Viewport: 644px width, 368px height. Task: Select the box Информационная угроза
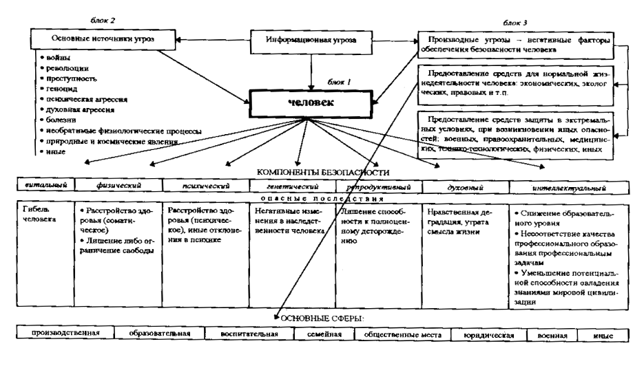point(312,41)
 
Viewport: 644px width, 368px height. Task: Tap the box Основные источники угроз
point(104,41)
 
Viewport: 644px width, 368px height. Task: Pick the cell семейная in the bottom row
point(324,335)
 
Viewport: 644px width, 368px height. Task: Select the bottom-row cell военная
point(552,335)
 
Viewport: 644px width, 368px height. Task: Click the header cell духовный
point(463,186)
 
